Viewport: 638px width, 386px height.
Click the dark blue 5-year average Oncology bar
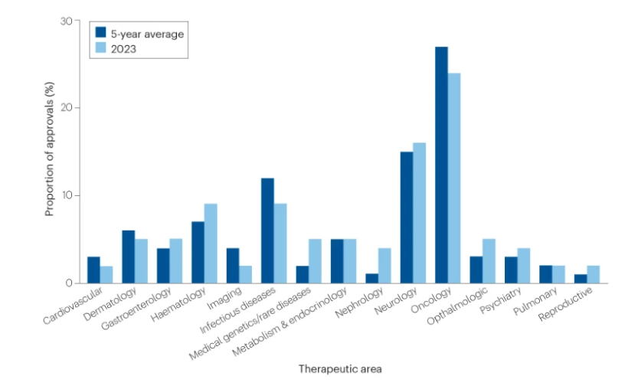click(x=441, y=165)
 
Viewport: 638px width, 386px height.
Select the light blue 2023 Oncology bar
click(x=454, y=178)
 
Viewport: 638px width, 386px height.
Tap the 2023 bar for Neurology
click(x=419, y=213)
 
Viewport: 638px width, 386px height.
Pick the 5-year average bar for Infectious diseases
click(x=267, y=231)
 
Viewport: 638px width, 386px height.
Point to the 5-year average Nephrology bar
click(x=371, y=279)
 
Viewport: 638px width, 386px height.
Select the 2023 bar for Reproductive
click(x=594, y=275)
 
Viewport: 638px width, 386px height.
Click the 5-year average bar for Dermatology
click(x=129, y=257)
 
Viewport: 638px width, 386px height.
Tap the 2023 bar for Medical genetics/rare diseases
click(x=316, y=261)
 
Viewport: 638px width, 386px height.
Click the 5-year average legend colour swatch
click(x=100, y=32)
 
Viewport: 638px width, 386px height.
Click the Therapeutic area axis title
click(x=340, y=368)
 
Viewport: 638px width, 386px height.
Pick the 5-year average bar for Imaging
click(x=233, y=266)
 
